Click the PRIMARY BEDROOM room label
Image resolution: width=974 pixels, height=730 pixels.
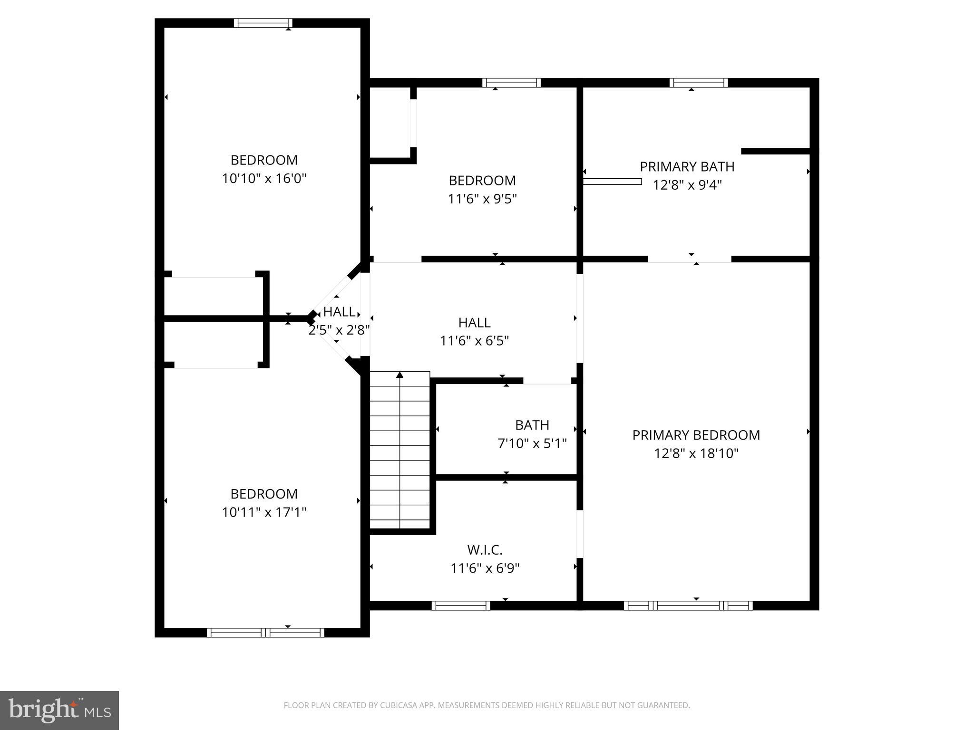coord(696,435)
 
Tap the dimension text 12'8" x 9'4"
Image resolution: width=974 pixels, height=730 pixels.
coord(687,185)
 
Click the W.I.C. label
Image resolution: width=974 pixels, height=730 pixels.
coord(485,550)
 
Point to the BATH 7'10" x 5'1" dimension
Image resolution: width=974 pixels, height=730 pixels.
coord(532,443)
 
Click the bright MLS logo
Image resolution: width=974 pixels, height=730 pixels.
coord(59,710)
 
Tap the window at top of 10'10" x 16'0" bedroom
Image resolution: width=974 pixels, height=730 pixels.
coord(263,23)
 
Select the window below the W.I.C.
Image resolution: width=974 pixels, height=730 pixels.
coord(460,605)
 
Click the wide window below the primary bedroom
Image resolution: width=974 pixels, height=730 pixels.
coord(688,605)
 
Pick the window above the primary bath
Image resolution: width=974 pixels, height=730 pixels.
coord(699,83)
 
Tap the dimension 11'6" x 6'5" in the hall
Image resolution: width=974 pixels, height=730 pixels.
coord(474,341)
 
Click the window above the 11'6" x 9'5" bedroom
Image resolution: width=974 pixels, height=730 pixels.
coord(511,83)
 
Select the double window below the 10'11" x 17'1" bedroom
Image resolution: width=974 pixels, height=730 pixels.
coord(265,633)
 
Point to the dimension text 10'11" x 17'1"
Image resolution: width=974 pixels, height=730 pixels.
coord(264,512)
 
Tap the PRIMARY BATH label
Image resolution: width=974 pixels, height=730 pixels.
coord(687,167)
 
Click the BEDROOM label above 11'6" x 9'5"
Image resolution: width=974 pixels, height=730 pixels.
coord(482,181)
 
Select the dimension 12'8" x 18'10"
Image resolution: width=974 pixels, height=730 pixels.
coord(696,453)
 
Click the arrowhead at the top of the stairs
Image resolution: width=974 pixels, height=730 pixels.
coord(400,375)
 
